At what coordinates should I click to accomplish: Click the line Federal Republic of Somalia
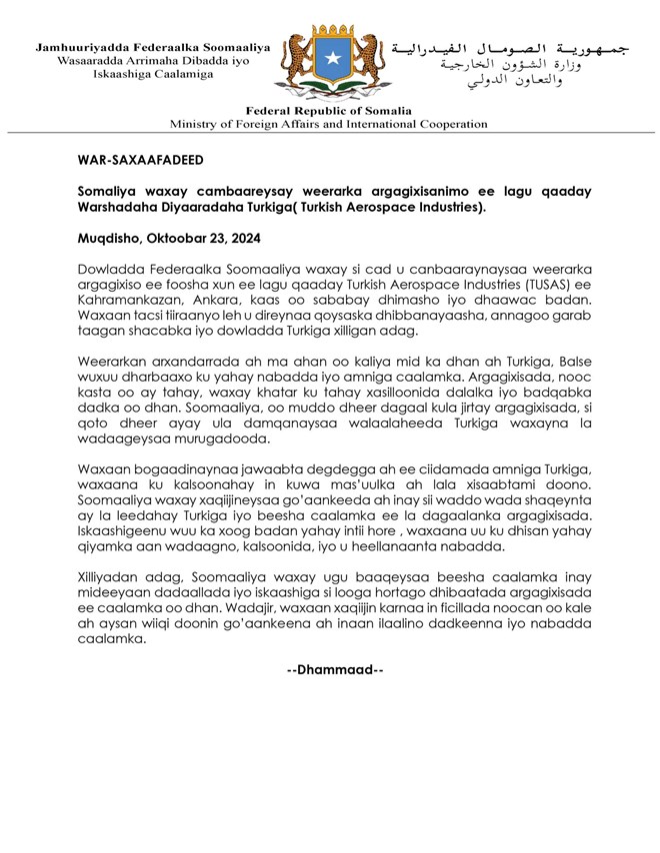coord(328,110)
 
